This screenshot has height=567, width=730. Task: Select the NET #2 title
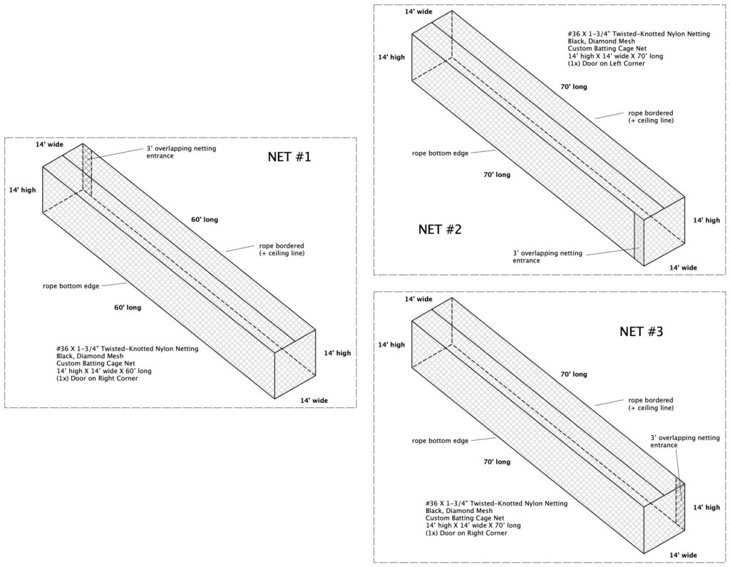point(440,230)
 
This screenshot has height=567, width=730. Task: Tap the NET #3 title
point(643,331)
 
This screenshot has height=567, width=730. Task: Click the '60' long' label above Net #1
point(205,220)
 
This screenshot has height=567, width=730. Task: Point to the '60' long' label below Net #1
point(128,307)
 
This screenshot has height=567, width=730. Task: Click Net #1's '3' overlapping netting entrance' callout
point(180,152)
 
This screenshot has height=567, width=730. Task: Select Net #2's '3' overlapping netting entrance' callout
point(547,257)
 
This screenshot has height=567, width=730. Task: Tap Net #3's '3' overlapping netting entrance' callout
point(684,441)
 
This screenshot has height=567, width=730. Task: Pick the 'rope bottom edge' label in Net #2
point(440,153)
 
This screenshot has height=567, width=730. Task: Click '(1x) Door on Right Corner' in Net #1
point(97,378)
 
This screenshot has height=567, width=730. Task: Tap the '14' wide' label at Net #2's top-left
point(418,12)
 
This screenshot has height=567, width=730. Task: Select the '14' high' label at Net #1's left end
point(23,190)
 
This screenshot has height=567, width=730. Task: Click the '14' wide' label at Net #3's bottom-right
point(682,554)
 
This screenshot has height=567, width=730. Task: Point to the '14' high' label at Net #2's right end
point(706,220)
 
